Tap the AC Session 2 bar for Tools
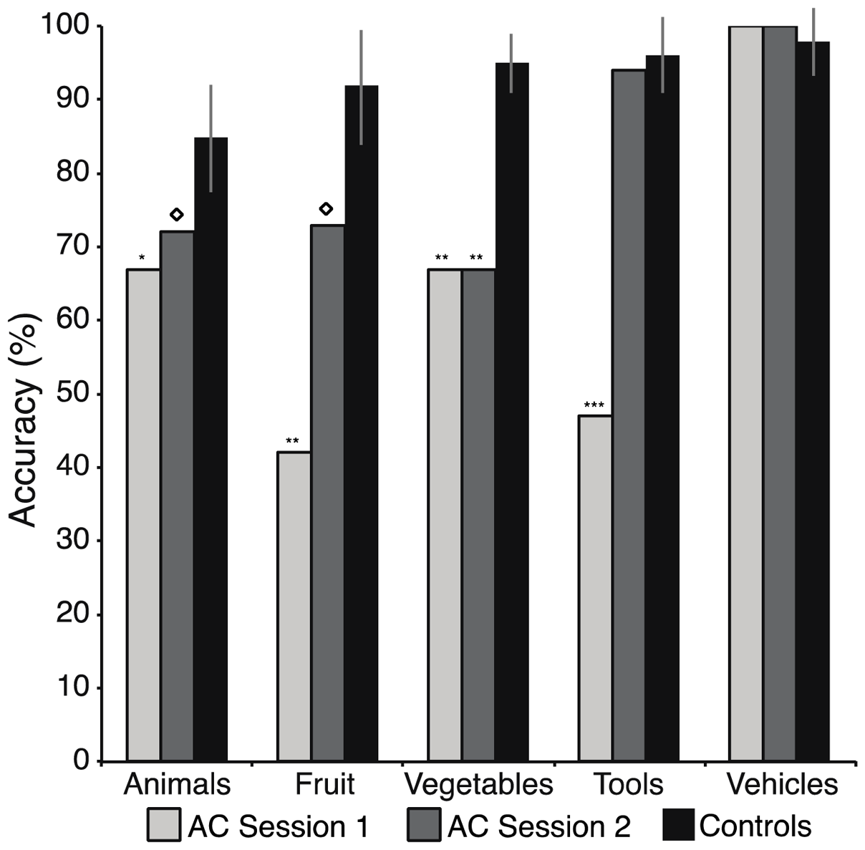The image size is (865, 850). point(629,415)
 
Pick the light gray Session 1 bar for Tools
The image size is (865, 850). point(595,588)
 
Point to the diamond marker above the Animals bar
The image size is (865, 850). point(177,214)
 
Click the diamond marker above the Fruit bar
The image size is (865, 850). point(326,208)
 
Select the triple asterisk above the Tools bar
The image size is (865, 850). point(594,405)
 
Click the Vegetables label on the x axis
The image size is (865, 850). point(478,784)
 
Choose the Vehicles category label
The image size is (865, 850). point(782,784)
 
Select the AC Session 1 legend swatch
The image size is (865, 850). point(164,825)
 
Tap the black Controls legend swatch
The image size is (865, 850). point(676,825)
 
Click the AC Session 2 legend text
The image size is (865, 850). point(538,826)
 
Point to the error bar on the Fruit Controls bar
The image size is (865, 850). point(362,86)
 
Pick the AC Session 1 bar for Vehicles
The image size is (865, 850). point(745,394)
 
